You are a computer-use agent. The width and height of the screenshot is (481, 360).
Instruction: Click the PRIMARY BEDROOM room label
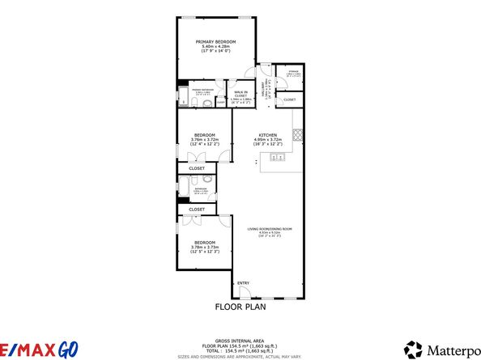pos(215,41)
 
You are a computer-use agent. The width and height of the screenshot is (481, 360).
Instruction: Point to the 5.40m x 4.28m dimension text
pos(215,47)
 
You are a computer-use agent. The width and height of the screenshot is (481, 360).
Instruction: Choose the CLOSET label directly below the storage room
pos(290,100)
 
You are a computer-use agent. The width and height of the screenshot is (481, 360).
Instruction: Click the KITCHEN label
pos(268,134)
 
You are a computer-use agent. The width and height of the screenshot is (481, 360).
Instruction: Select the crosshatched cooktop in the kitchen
pos(298,134)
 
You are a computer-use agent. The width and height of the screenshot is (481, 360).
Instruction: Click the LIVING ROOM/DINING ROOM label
pos(269,229)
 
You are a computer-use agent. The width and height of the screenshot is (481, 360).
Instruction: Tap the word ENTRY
pos(243,282)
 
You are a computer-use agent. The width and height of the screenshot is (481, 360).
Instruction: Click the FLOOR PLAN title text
pos(240,307)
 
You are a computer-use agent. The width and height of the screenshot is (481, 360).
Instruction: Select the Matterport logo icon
pos(413,349)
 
